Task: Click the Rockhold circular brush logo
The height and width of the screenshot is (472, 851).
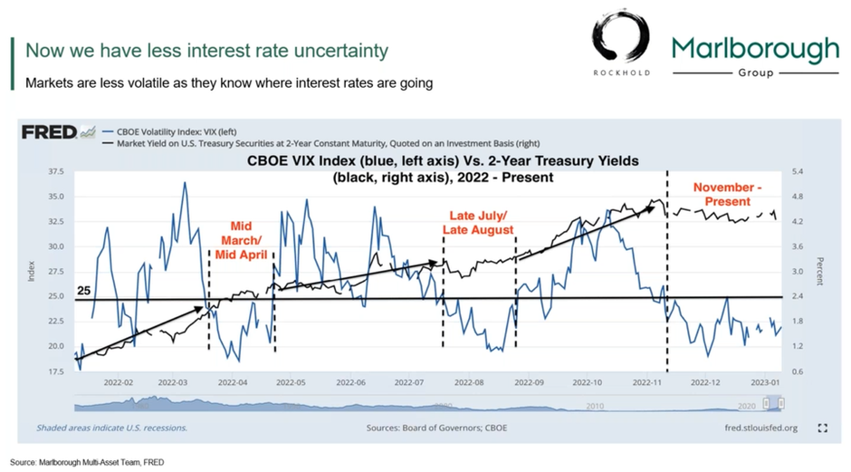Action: click(621, 41)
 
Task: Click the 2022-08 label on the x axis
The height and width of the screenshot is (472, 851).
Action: click(471, 383)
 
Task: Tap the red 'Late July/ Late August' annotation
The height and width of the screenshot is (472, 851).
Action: click(477, 224)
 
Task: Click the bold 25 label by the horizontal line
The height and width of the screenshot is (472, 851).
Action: click(82, 292)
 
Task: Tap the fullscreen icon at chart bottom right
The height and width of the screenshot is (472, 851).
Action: click(822, 427)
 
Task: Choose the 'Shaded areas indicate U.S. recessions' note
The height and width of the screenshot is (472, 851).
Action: click(111, 427)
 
